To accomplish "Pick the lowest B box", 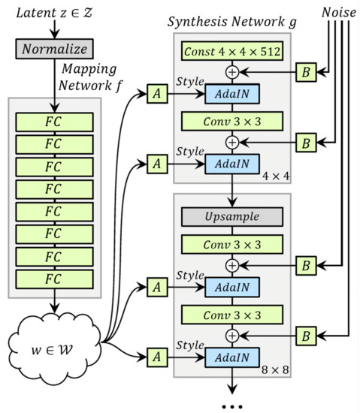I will [x=305, y=334].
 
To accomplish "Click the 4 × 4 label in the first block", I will [x=270, y=176].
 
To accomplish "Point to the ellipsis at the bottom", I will [x=232, y=405].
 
